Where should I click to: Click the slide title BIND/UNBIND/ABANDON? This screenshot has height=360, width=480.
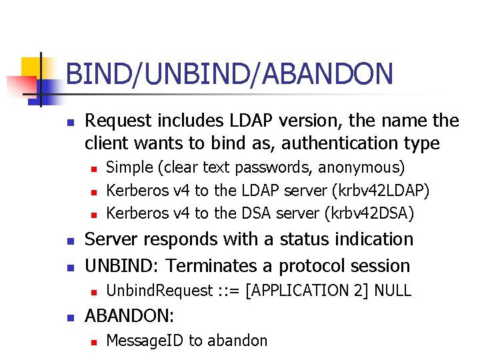click(x=229, y=74)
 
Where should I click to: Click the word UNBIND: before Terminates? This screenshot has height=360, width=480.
click(x=123, y=265)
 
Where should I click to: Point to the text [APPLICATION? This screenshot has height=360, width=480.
click(x=290, y=291)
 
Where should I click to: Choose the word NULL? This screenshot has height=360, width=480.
click(x=393, y=291)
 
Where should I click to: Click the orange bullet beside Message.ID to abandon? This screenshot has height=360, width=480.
click(x=94, y=341)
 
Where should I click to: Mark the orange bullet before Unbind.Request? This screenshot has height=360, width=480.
click(x=94, y=291)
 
